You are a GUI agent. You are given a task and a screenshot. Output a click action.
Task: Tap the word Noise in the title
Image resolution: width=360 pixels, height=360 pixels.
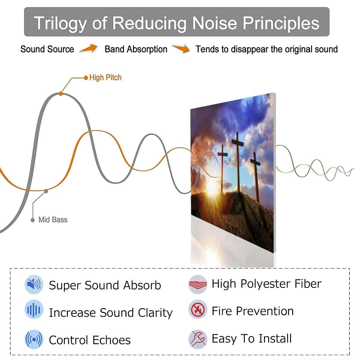(x=215, y=23)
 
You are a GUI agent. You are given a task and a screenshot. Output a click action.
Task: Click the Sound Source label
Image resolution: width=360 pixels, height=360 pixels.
(x=47, y=49)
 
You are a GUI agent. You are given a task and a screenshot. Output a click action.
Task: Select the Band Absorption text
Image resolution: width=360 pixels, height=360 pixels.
(x=136, y=49)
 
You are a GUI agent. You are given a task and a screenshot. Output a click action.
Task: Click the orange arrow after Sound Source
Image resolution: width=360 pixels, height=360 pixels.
(x=88, y=49)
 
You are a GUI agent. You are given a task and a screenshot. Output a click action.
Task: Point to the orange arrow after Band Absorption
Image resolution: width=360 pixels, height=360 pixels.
(x=181, y=49)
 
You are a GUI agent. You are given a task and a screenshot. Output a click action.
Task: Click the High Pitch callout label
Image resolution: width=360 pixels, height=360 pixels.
(x=105, y=77)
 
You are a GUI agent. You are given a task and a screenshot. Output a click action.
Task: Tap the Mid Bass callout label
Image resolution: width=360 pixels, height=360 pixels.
(x=53, y=220)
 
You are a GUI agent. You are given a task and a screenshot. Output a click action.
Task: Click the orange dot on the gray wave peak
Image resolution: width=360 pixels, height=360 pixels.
(x=61, y=94)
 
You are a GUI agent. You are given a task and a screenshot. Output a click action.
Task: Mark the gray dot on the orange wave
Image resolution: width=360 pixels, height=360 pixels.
(x=46, y=191)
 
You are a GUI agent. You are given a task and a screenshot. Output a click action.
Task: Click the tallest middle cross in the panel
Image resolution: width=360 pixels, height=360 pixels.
(x=238, y=161)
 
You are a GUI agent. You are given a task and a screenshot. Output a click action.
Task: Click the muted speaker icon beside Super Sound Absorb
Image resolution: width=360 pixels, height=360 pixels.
(x=34, y=284)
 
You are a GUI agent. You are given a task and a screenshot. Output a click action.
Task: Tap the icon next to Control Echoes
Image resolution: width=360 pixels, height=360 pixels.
(x=34, y=339)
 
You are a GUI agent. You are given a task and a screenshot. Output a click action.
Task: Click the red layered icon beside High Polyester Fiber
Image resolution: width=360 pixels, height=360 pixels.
(x=198, y=284)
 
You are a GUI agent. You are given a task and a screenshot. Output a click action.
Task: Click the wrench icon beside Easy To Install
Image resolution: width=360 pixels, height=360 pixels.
(x=198, y=339)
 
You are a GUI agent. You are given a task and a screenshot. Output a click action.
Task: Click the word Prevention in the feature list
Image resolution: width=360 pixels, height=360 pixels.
(x=265, y=311)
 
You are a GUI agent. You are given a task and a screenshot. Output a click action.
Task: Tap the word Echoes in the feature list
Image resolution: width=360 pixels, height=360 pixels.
(x=112, y=340)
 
